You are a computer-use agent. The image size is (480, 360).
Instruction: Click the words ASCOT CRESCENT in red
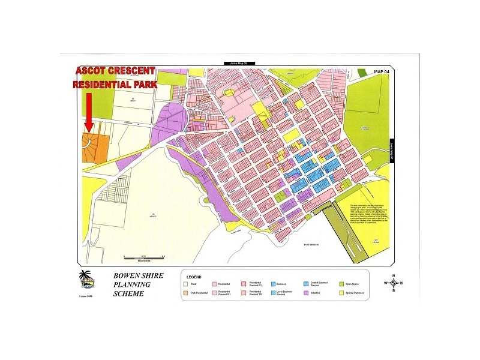coord(114,71)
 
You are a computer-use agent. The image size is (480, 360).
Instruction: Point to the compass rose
coord(393,283)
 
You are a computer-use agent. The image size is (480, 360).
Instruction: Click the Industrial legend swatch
coord(307,293)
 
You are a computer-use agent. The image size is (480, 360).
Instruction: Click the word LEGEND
coord(194,276)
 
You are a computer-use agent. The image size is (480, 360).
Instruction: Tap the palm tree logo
coord(86,279)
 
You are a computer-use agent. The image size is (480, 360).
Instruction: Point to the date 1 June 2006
coord(86,296)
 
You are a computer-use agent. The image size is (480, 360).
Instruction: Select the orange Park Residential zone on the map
coord(96,147)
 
